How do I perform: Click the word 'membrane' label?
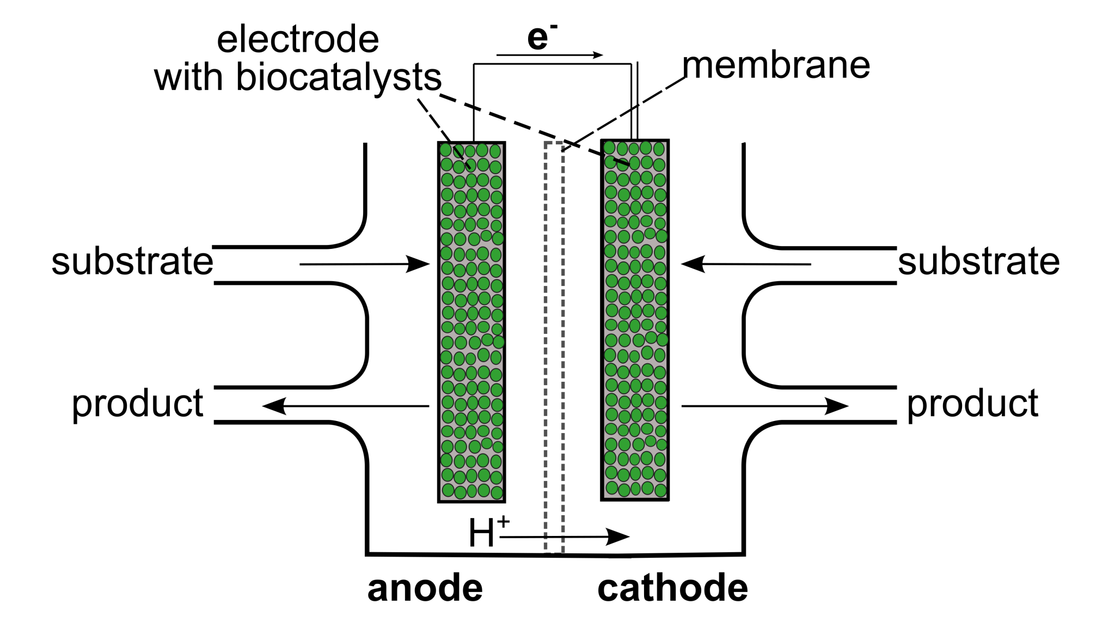pyautogui.click(x=776, y=65)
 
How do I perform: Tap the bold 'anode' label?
pyautogui.click(x=425, y=588)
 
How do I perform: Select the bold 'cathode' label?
pyautogui.click(x=672, y=588)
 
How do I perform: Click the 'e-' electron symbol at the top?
pyautogui.click(x=541, y=38)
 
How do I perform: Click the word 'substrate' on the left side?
pyautogui.click(x=132, y=261)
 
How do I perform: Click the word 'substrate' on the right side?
pyautogui.click(x=978, y=261)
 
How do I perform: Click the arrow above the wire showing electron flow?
pyautogui.click(x=550, y=55)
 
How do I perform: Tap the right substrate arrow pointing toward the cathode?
pyautogui.click(x=746, y=265)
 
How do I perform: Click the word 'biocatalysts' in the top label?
pyautogui.click(x=338, y=77)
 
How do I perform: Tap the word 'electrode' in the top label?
pyautogui.click(x=298, y=40)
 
